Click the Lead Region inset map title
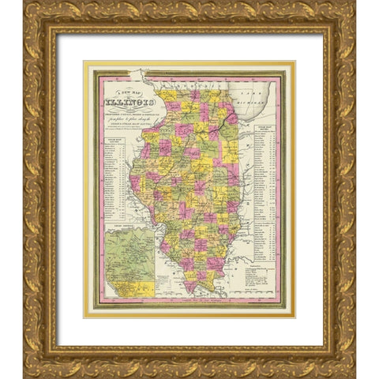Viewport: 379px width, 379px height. coord(126,227)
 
